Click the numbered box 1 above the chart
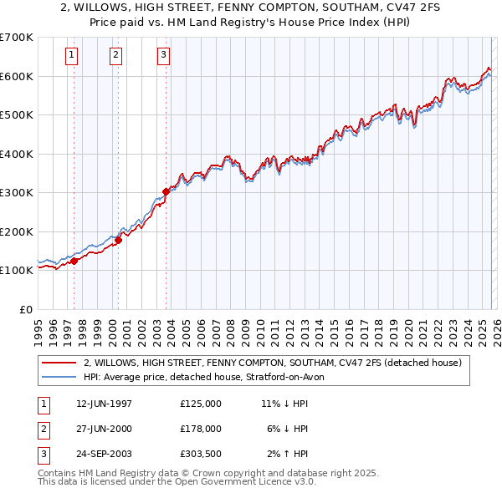point(72,56)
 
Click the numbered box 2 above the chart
point(115,56)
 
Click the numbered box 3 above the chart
point(163,56)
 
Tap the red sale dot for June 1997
point(74,261)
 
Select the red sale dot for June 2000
point(118,241)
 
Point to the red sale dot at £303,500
point(166,191)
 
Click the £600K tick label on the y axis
point(16,76)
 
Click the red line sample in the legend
point(59,363)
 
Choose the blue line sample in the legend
point(59,377)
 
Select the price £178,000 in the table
point(201,429)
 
